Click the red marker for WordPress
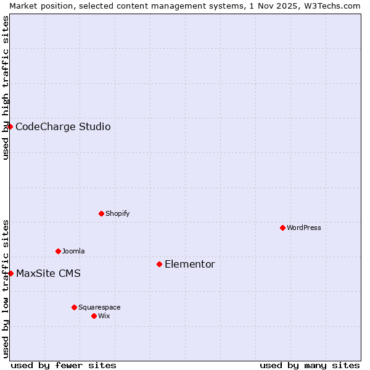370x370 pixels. coord(282,228)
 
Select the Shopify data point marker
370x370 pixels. coord(101,213)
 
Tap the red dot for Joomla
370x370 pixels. coord(58,251)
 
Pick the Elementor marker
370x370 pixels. coord(159,264)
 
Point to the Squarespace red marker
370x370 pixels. coord(74,307)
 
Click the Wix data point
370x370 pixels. coord(94,316)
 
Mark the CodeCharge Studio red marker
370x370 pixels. coord(10,126)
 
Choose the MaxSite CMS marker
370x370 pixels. coord(10,273)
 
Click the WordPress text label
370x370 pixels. coord(304,228)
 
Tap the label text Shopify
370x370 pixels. coord(118,213)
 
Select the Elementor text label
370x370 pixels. coord(190,264)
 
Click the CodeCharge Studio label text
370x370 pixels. coord(63,127)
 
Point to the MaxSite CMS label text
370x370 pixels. coord(48,273)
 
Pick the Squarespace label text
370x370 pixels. coord(99,307)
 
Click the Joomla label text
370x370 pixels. coord(73,251)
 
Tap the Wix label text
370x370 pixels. coord(104,316)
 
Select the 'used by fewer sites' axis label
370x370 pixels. coord(64,365)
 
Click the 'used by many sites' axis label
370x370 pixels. coord(310,365)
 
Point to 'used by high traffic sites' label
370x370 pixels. coord(6,88)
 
